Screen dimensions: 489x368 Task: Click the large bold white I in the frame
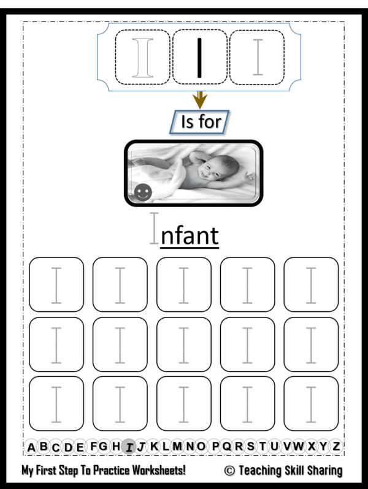[x=143, y=58]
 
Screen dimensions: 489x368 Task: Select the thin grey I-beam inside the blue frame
[x=258, y=58]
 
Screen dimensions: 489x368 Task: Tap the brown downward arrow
[x=199, y=100]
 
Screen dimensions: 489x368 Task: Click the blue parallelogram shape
[x=199, y=122]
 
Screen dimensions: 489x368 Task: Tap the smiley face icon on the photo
[x=143, y=192]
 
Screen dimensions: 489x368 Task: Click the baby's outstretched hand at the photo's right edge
[x=250, y=176]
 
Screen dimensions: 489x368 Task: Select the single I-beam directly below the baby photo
[x=154, y=228]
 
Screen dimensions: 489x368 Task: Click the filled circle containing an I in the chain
[x=129, y=447]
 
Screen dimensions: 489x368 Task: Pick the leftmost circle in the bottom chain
[x=31, y=447]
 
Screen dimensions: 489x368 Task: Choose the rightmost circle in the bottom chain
[x=335, y=447]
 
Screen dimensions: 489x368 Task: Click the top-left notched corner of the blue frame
[x=103, y=29]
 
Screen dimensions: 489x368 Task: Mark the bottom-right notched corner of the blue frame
[x=295, y=85]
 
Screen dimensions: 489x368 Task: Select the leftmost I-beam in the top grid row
[x=56, y=285]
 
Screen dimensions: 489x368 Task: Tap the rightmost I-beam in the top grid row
[x=311, y=285]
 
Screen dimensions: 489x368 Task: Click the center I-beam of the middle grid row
[x=183, y=345]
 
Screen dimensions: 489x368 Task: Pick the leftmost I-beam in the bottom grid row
[x=56, y=404]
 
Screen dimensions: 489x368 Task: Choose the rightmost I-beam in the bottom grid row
[x=311, y=404]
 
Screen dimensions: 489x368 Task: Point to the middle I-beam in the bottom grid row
[x=183, y=404]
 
